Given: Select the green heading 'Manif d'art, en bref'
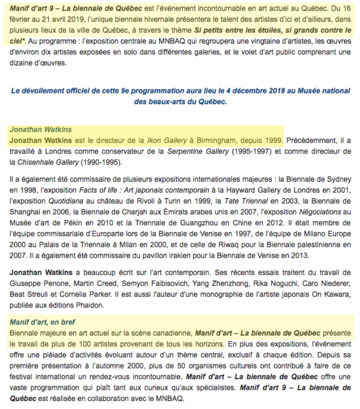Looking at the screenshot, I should (x=42, y=321).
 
